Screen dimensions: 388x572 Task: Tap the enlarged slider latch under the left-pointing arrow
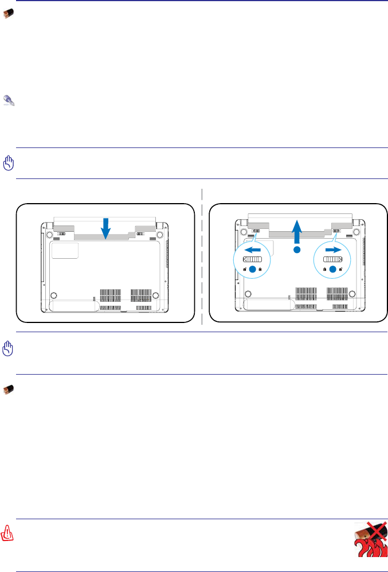253,260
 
